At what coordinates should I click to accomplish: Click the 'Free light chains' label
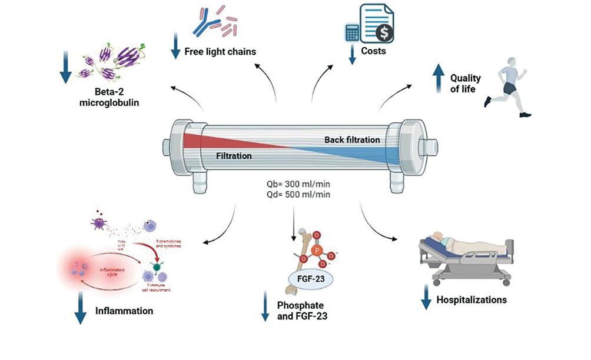220,51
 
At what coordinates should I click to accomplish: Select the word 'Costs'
374,51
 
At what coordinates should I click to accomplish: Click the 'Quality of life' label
465,84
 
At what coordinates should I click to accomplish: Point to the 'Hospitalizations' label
471,299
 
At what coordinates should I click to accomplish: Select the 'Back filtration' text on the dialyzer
352,139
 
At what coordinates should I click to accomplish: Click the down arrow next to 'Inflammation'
79,309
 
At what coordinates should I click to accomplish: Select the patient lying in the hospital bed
459,243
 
